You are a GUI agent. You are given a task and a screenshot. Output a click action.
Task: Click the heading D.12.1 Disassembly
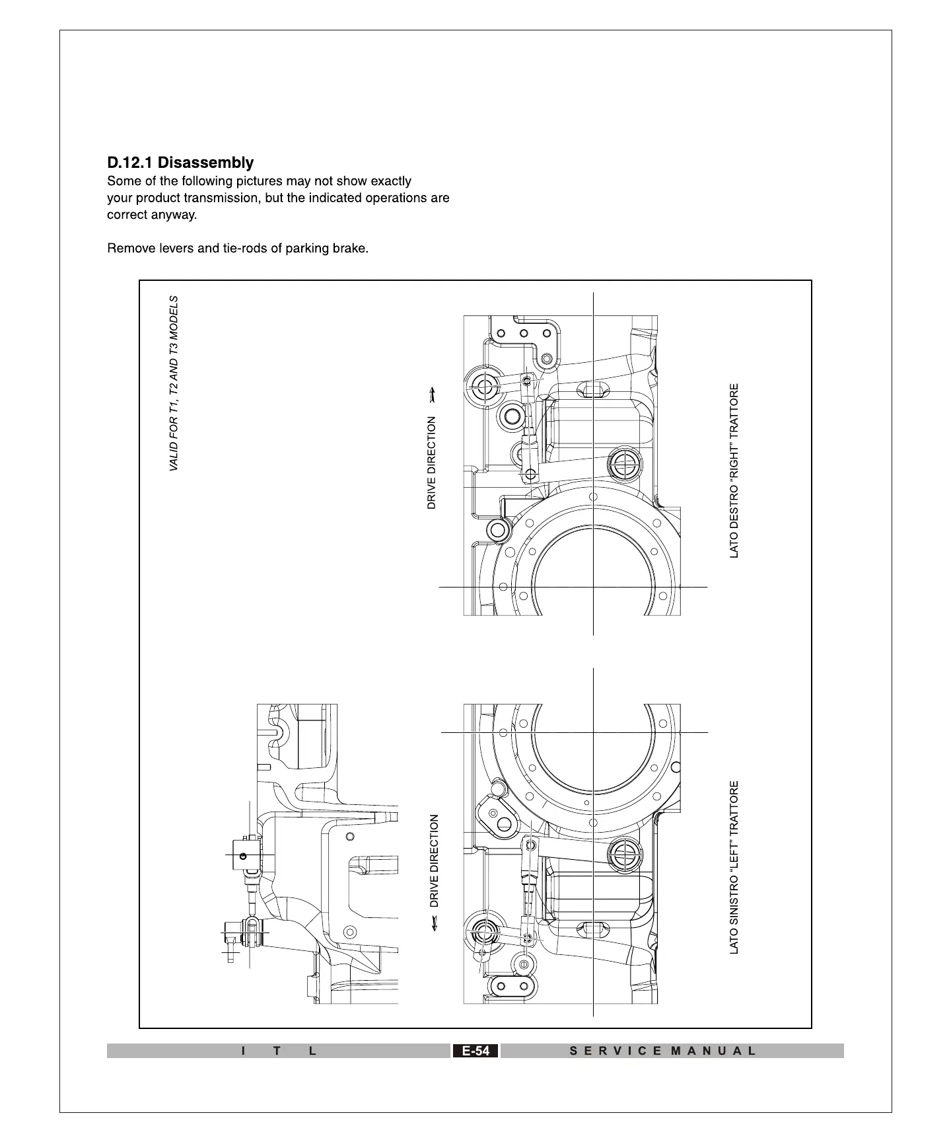click(x=180, y=163)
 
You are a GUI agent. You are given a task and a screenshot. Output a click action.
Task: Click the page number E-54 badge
click(x=475, y=1051)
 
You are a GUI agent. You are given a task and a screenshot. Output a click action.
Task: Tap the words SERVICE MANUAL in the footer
click(x=662, y=1051)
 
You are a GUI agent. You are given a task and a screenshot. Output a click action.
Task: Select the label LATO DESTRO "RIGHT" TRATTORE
click(x=734, y=471)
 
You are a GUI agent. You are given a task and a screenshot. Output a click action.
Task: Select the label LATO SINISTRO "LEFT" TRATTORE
click(x=734, y=867)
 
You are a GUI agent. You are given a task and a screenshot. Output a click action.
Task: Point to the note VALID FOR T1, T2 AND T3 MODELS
click(x=174, y=383)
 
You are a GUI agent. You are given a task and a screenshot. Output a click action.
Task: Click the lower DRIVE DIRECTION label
click(x=434, y=860)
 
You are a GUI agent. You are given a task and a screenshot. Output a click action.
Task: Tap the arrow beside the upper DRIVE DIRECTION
click(x=432, y=395)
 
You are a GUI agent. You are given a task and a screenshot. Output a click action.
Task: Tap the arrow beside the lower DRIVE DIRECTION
click(x=434, y=924)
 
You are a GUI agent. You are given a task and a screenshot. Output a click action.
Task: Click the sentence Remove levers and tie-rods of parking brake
click(x=238, y=248)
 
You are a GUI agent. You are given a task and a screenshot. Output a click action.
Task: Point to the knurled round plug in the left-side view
click(x=623, y=852)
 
